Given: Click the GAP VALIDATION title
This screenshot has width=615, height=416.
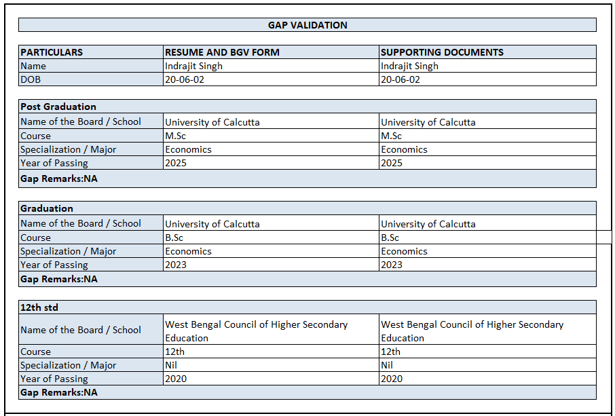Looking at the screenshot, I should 307,25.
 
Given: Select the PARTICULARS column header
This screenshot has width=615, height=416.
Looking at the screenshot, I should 52,52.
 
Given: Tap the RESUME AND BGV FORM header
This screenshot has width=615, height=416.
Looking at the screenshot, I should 222,52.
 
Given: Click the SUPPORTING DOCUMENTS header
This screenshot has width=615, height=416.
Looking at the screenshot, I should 442,52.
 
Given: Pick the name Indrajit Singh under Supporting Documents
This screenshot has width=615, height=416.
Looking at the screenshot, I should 409,66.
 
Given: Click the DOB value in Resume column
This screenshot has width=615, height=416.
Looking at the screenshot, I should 185,79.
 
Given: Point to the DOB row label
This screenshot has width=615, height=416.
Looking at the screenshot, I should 31,79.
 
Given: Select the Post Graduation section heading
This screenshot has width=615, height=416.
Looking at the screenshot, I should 58,107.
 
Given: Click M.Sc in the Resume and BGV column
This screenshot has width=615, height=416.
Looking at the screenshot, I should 175,136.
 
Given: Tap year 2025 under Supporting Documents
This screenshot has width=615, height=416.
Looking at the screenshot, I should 392,163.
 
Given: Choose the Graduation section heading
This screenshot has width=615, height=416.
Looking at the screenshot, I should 47,208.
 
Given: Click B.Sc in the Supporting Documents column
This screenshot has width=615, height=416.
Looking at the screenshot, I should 390,238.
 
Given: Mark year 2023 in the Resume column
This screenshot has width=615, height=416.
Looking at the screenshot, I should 176,265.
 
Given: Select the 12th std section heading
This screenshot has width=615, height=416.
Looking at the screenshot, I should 39,307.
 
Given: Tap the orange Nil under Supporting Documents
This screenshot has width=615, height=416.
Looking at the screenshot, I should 387,365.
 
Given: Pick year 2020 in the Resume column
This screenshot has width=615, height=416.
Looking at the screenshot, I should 176,379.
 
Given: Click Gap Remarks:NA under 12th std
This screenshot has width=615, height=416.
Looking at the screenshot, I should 59,392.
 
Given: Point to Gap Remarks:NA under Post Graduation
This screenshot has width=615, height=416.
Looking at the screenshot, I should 59,179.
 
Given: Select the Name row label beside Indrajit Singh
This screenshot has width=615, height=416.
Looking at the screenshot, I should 33,66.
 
